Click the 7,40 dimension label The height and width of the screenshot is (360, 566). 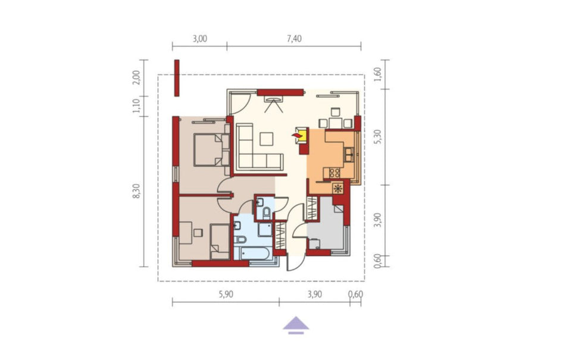coord(294,39)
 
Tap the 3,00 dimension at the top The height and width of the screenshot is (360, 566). coord(199,39)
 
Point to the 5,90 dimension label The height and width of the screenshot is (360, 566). coord(226,295)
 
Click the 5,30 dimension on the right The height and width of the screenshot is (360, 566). coord(377,137)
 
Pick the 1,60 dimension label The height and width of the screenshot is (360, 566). coord(377,74)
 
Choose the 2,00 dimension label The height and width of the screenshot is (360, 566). coord(136,77)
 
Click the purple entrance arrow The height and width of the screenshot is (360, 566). coord(296,325)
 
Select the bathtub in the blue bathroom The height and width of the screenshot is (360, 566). coord(252,253)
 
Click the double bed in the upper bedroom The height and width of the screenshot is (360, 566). coord(211,150)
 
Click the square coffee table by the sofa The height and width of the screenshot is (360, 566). coord(267,139)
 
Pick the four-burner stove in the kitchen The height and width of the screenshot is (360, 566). coord(334,173)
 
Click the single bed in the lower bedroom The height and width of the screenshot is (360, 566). coord(220,242)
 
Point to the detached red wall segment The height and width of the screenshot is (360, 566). coord(177,78)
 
